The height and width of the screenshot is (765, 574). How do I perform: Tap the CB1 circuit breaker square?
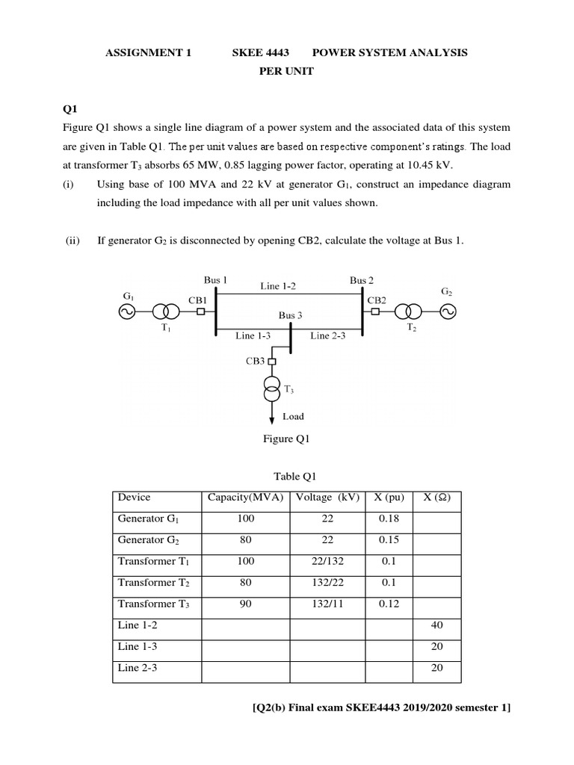click(200, 312)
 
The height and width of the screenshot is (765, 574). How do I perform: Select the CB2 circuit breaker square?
click(377, 312)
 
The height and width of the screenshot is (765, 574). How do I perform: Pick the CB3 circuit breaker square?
click(271, 362)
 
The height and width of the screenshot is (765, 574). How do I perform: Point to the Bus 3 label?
click(291, 315)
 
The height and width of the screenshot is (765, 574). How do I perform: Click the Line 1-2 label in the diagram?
click(278, 286)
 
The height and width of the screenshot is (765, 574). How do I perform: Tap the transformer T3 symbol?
click(271, 388)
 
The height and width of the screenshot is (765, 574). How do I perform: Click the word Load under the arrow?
click(293, 416)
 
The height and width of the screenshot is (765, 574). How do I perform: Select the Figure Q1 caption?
click(286, 439)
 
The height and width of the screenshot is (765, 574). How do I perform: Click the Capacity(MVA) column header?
click(246, 498)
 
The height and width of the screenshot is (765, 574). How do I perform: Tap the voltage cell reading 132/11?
click(327, 604)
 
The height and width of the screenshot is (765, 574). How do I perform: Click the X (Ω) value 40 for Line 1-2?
click(437, 625)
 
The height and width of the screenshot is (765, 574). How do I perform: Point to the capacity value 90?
click(246, 604)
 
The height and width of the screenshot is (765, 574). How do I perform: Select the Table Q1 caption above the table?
click(286, 476)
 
